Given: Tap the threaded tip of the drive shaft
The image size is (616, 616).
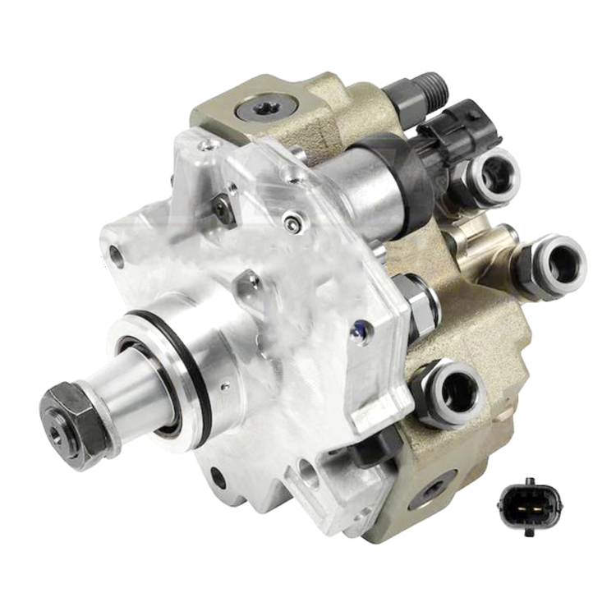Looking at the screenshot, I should pyautogui.click(x=57, y=427).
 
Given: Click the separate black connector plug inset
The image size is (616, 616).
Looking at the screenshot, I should pyautogui.click(x=524, y=503).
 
